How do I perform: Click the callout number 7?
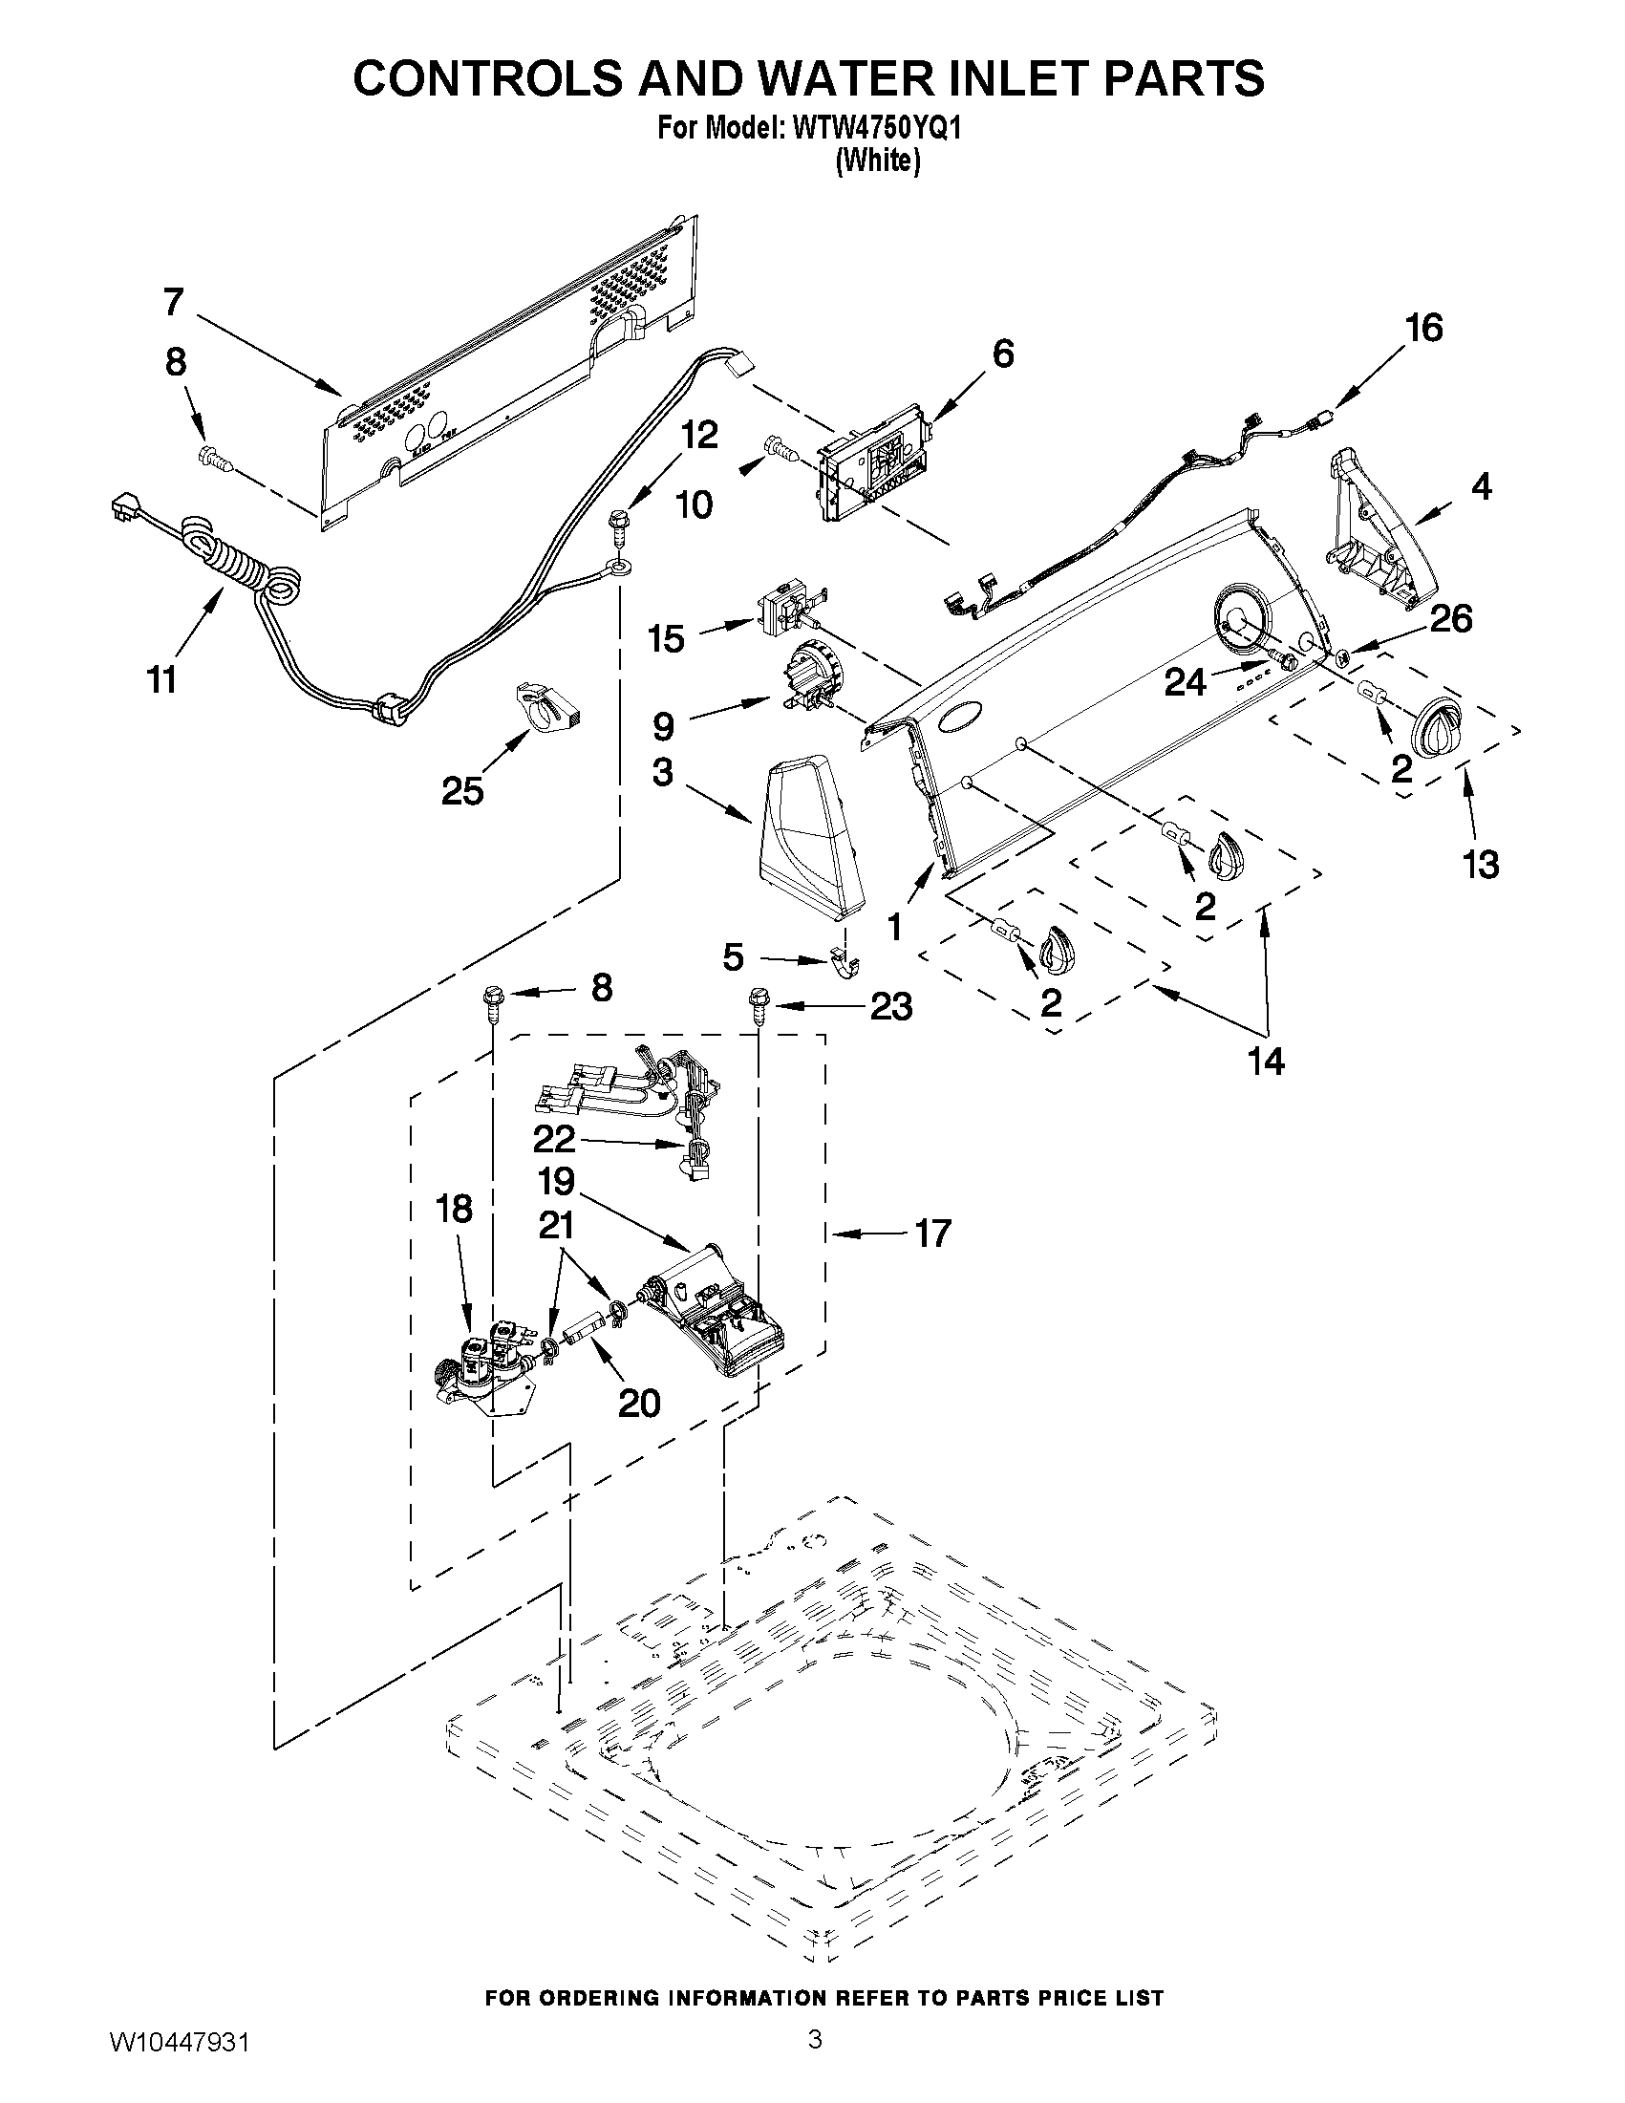(x=172, y=302)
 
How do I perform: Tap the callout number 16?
(x=1423, y=329)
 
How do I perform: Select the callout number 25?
(x=462, y=790)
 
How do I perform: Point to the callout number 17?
(x=932, y=1233)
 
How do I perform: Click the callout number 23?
(x=890, y=1007)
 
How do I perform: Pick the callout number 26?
(x=1451, y=619)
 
